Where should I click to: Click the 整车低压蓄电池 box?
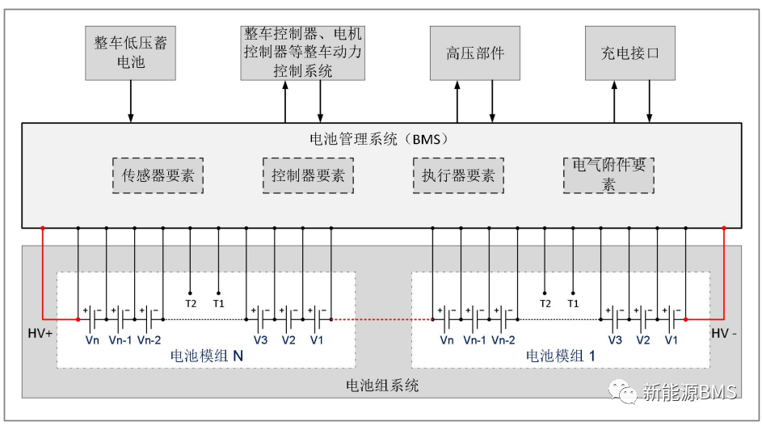[x=131, y=53]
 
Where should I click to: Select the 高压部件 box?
[x=474, y=53]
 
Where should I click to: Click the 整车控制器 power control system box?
[x=303, y=53]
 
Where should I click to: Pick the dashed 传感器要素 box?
[x=158, y=175]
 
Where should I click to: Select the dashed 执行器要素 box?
[x=458, y=175]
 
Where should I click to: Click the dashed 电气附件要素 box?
[x=608, y=175]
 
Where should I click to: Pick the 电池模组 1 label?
[x=561, y=355]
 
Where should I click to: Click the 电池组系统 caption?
[x=382, y=386]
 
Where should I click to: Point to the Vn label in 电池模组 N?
[x=92, y=340]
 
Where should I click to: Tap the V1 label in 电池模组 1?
[x=671, y=340]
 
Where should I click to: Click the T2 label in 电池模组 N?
[x=191, y=303]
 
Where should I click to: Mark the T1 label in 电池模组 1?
[x=573, y=303]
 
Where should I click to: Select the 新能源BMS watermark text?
[x=688, y=393]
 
